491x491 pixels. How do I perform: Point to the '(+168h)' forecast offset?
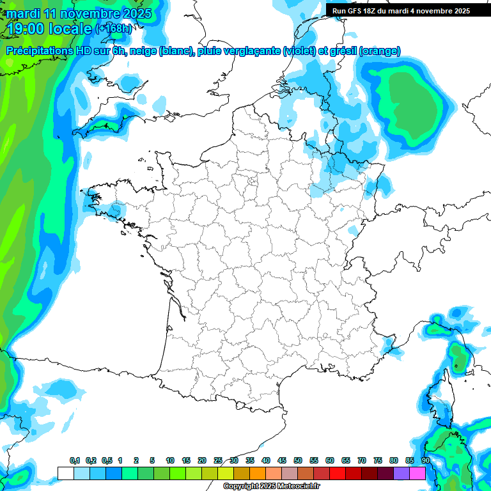[x=114, y=28]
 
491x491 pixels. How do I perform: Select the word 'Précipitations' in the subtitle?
[x=40, y=51]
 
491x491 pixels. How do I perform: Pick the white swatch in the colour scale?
[x=65, y=473]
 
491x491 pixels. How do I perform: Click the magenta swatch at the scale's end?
[x=417, y=473]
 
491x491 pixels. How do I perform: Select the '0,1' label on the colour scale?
[x=75, y=461]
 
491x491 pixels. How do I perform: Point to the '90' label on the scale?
[x=426, y=461]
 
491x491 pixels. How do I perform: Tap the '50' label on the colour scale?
[x=298, y=461]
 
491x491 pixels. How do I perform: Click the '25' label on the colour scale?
[x=218, y=461]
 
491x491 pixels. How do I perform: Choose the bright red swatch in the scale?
[x=338, y=473]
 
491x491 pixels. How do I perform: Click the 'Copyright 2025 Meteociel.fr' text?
[x=272, y=487]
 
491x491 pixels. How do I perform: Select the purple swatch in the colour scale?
[x=401, y=473]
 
